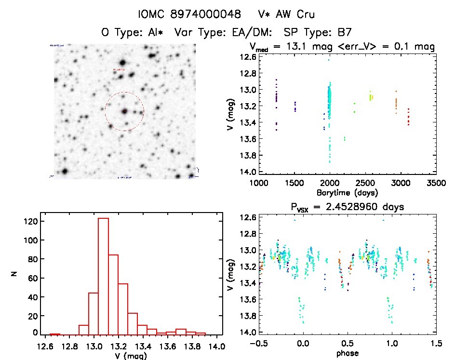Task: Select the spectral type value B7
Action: (344, 33)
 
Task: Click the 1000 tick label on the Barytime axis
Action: (259, 183)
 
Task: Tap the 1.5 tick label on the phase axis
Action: (435, 344)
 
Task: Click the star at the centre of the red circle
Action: (124, 111)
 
